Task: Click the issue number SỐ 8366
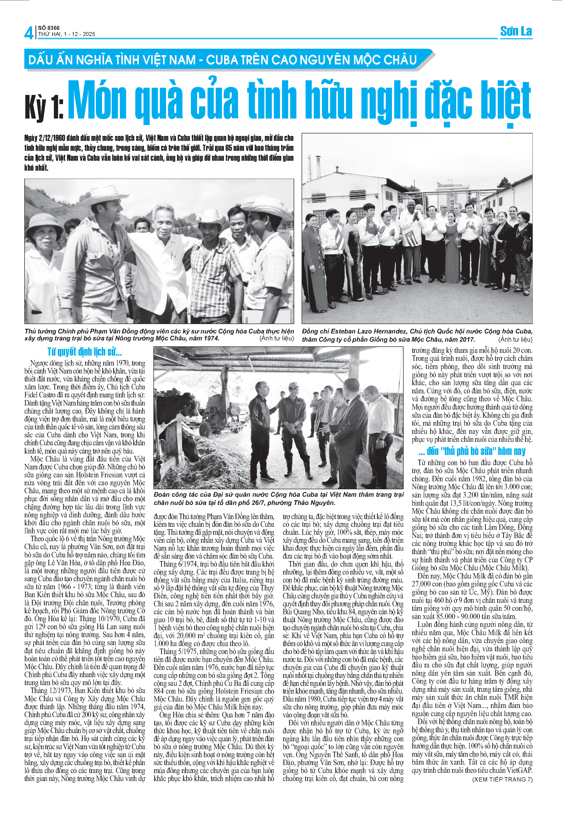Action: (49, 28)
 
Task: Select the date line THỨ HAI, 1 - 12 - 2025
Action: (67, 34)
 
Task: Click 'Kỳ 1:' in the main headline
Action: (44, 106)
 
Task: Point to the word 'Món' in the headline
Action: (97, 101)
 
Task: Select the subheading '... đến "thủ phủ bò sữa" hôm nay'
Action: (472, 451)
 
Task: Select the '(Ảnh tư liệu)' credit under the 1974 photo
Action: (277, 338)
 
